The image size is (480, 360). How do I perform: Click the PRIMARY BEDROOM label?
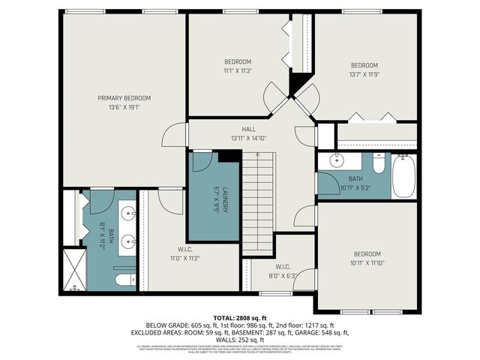(x=124, y=98)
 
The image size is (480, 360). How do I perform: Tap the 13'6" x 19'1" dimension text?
(x=124, y=107)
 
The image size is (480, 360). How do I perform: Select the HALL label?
(x=248, y=129)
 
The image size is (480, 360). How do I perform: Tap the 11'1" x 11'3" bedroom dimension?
(x=238, y=70)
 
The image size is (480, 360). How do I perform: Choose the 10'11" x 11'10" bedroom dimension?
(x=367, y=262)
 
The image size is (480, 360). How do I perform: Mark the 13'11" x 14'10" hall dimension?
(x=248, y=138)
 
